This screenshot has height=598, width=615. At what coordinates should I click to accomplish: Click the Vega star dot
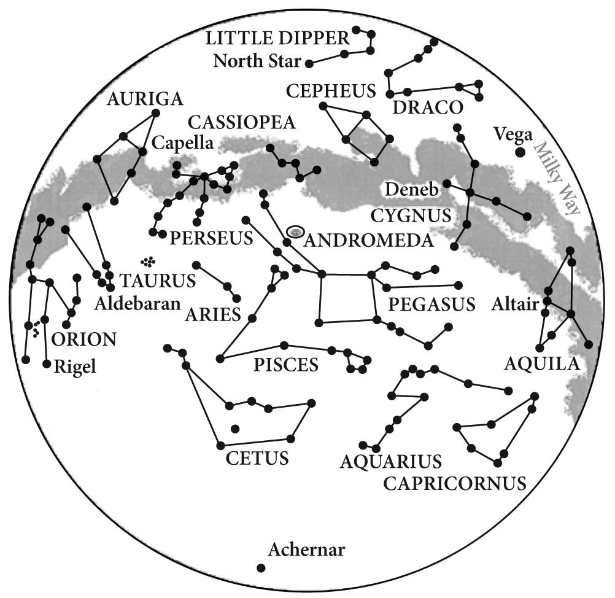tap(519, 152)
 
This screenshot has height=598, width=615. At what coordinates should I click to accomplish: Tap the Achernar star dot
tap(261, 568)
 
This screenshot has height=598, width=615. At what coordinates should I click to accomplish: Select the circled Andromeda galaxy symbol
tap(296, 231)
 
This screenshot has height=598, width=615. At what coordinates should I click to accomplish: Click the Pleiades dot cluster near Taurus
tap(147, 262)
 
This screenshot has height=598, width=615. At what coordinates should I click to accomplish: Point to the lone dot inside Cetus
tap(235, 429)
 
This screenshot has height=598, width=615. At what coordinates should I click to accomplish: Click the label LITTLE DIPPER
tap(277, 39)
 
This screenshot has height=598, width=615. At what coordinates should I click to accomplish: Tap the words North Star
tap(257, 61)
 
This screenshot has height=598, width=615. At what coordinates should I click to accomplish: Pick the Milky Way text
tap(556, 177)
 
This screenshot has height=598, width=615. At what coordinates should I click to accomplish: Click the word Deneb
tap(412, 190)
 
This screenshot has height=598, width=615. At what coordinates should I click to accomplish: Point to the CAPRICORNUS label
tap(455, 483)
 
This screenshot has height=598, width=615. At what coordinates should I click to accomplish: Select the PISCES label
tap(286, 365)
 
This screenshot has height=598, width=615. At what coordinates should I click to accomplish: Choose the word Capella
tap(182, 144)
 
